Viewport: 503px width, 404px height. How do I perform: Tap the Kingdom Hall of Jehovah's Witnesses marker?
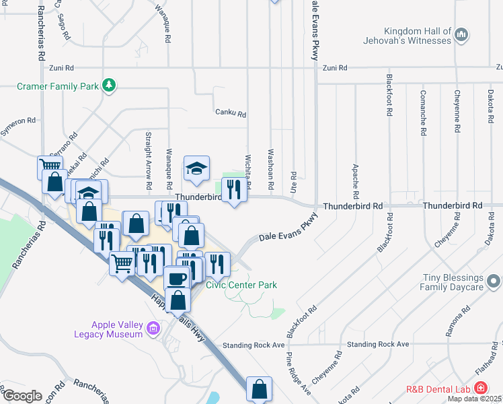461,34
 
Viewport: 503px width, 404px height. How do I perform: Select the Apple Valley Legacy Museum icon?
153,328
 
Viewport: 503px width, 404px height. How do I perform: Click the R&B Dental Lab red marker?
480,388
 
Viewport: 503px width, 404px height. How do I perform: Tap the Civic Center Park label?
241,285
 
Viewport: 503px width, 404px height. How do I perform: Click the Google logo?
22,395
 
